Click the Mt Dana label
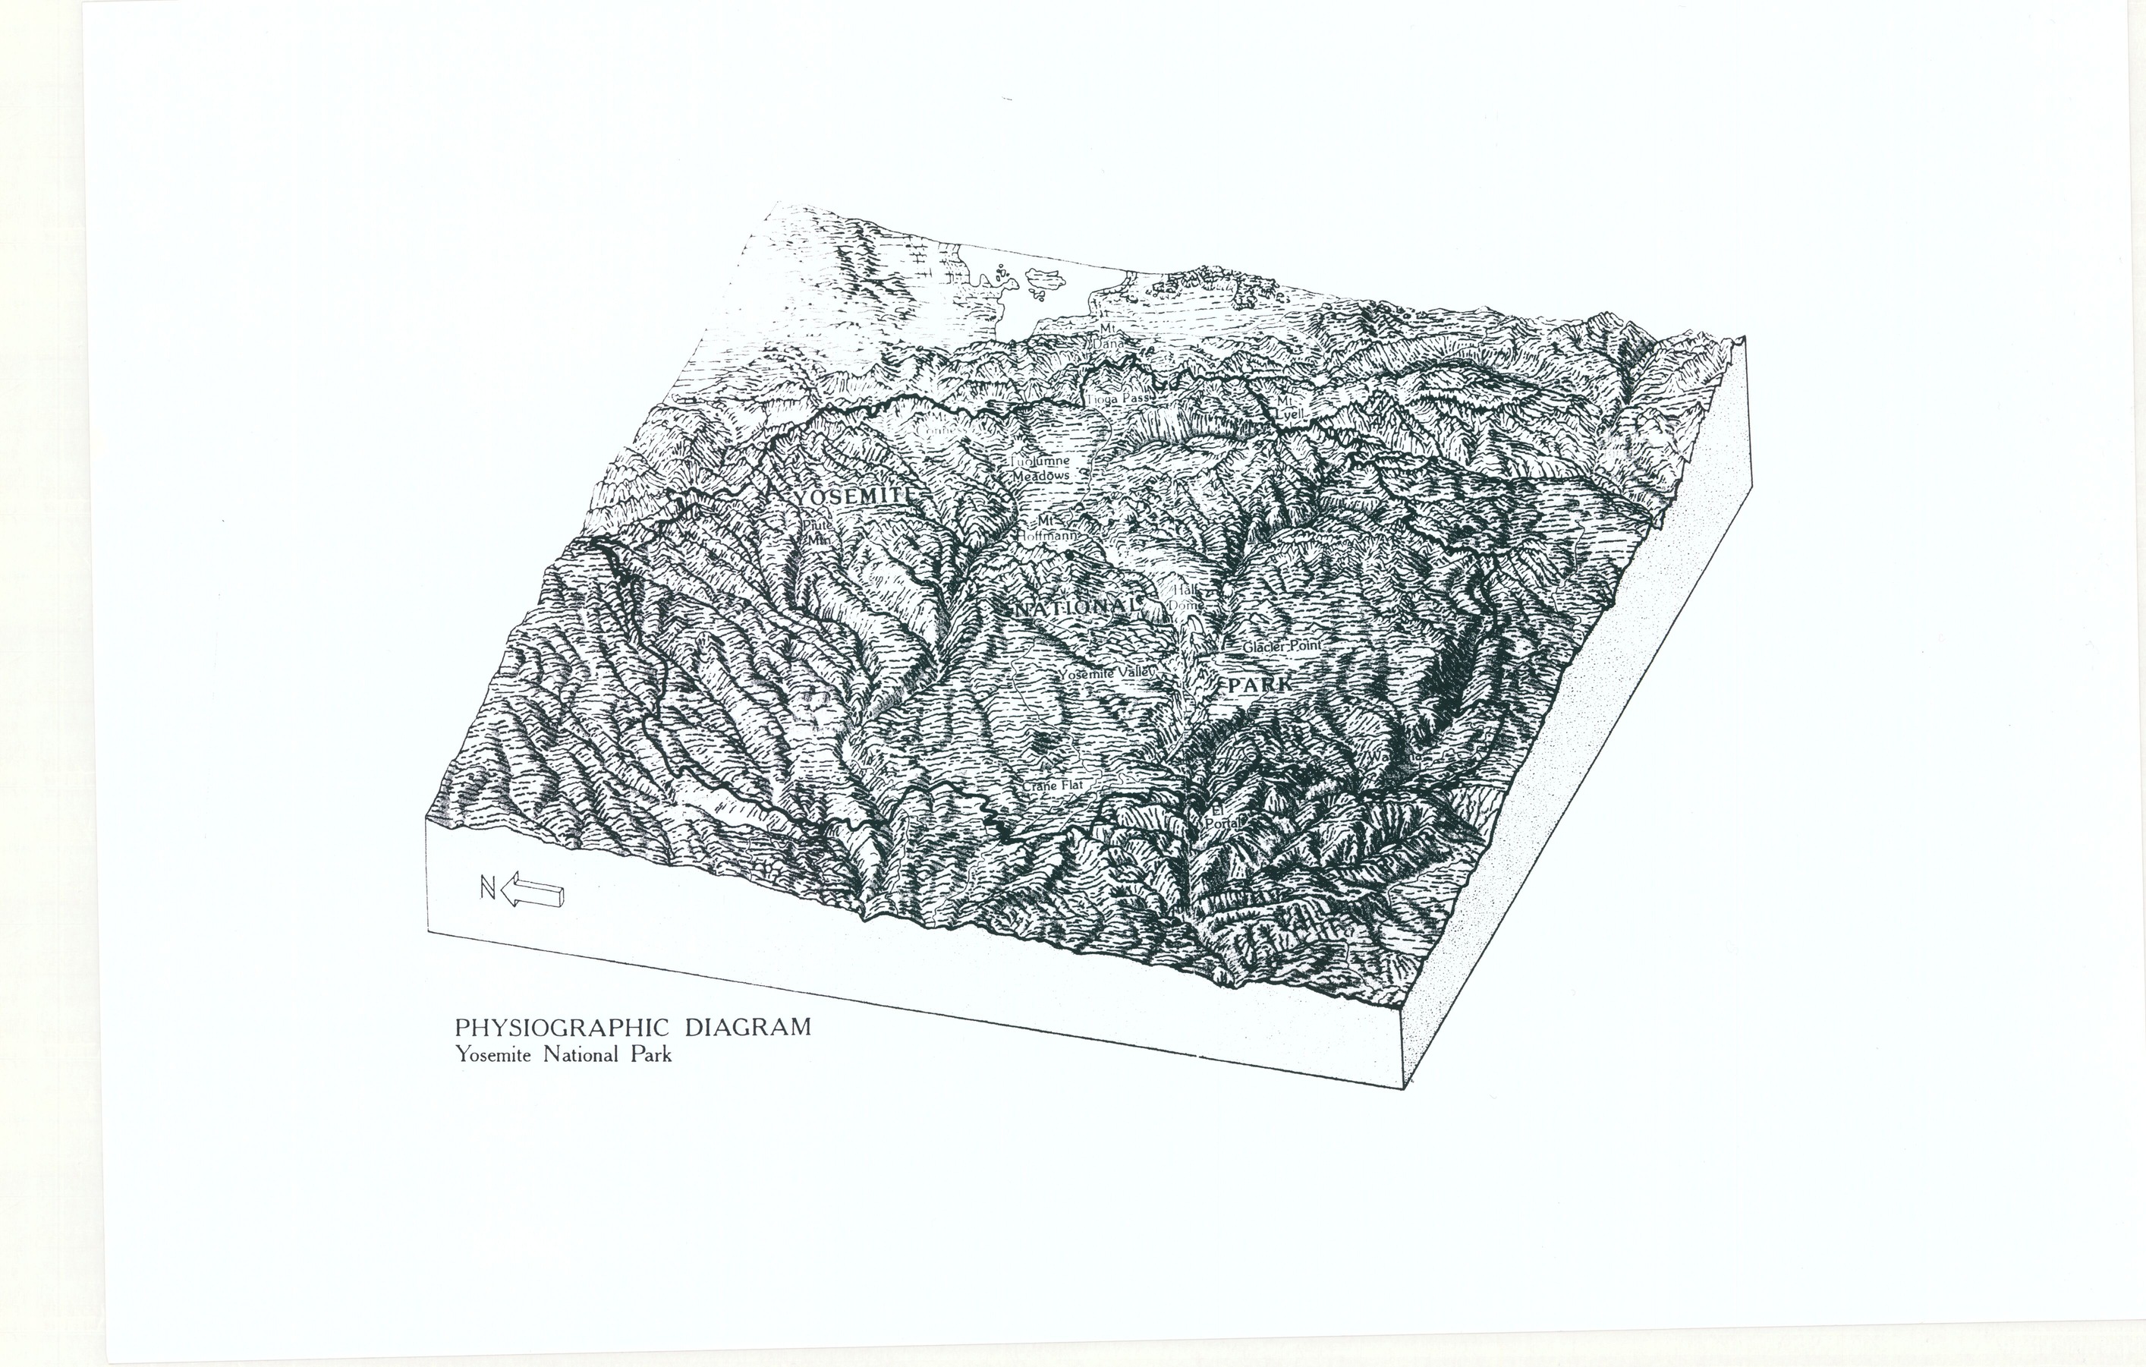(1108, 334)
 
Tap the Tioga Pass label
(1119, 399)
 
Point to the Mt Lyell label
(1289, 408)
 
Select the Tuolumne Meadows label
(1040, 469)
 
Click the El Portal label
(1219, 817)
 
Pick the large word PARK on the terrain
(1258, 685)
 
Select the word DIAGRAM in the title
(747, 1028)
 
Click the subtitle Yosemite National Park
(563, 1056)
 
